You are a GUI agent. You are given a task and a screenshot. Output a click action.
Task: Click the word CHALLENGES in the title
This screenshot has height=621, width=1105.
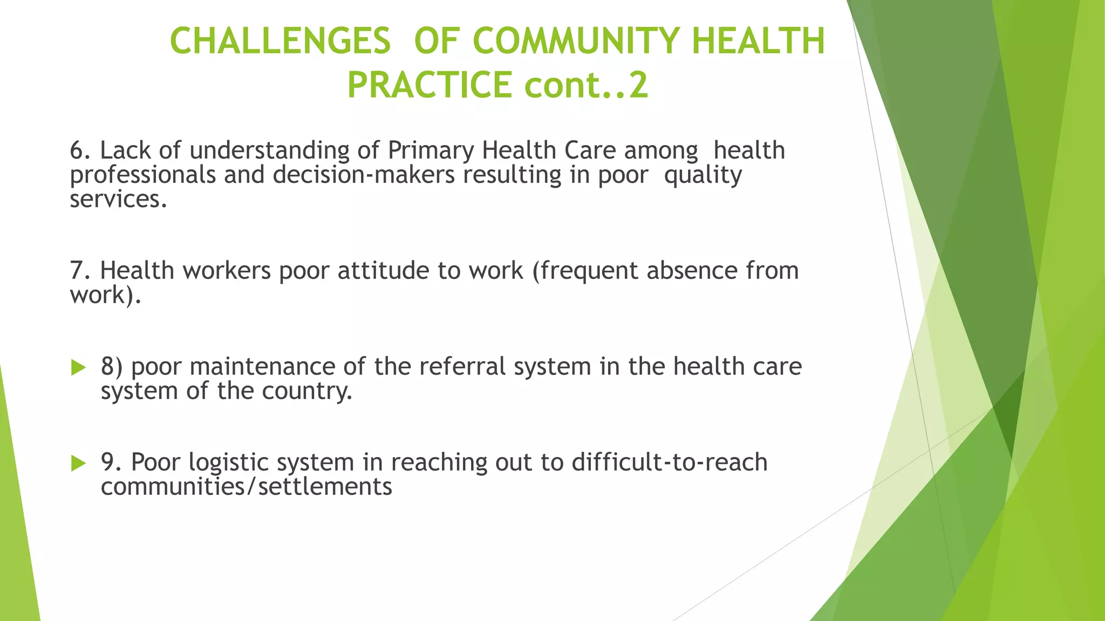click(280, 42)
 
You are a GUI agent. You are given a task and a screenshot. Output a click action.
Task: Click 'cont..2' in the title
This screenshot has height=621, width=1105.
click(586, 85)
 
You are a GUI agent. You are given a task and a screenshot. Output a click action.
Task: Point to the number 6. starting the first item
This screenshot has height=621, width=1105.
click(80, 150)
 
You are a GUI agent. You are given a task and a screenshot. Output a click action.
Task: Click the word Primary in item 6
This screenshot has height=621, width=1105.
click(430, 151)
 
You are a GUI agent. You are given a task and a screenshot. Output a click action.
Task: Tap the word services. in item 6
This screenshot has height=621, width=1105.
click(118, 199)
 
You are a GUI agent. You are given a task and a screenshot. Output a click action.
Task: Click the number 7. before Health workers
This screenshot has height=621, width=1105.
click(80, 271)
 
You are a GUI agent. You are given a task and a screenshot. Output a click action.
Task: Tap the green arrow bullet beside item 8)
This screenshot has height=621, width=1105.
click(78, 368)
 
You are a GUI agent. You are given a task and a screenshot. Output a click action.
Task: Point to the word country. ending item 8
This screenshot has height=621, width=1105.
click(306, 391)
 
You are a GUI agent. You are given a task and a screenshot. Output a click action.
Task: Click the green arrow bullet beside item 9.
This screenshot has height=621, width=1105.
click(78, 463)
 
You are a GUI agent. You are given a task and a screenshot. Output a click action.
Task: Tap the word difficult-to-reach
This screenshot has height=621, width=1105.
click(669, 462)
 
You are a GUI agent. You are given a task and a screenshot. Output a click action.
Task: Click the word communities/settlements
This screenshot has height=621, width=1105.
click(246, 487)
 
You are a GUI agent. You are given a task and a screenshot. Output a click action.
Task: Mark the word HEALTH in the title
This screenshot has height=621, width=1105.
click(758, 42)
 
